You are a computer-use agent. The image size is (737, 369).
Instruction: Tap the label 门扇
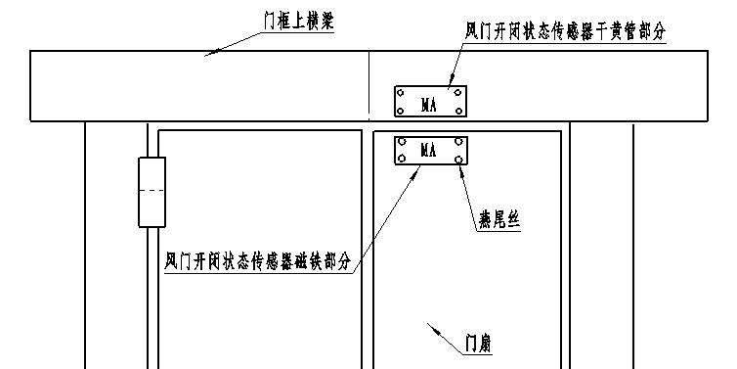click(x=478, y=345)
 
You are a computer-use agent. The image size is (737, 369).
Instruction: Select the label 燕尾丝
click(x=498, y=221)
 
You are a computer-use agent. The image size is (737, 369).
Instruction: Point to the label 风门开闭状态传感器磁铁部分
click(x=258, y=262)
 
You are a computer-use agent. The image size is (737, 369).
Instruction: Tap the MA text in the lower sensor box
click(x=428, y=151)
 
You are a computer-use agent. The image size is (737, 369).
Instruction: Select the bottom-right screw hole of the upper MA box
click(x=458, y=111)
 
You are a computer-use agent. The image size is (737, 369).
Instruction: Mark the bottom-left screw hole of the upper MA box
click(x=401, y=111)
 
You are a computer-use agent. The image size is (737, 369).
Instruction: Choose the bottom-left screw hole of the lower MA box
click(x=401, y=160)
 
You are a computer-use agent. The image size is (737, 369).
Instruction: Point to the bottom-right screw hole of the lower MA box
click(x=458, y=160)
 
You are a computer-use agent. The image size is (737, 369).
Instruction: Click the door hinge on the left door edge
click(x=152, y=192)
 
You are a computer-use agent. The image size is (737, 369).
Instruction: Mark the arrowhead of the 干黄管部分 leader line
click(x=450, y=84)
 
